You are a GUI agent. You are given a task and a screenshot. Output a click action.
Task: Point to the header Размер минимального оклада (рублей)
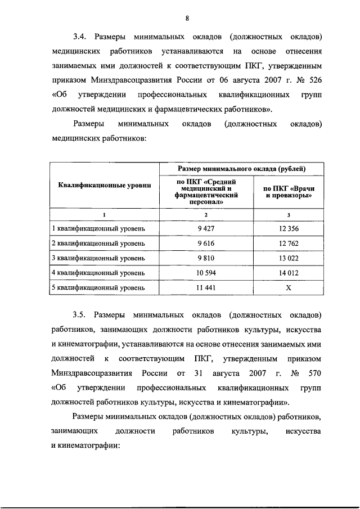point(242,169)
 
